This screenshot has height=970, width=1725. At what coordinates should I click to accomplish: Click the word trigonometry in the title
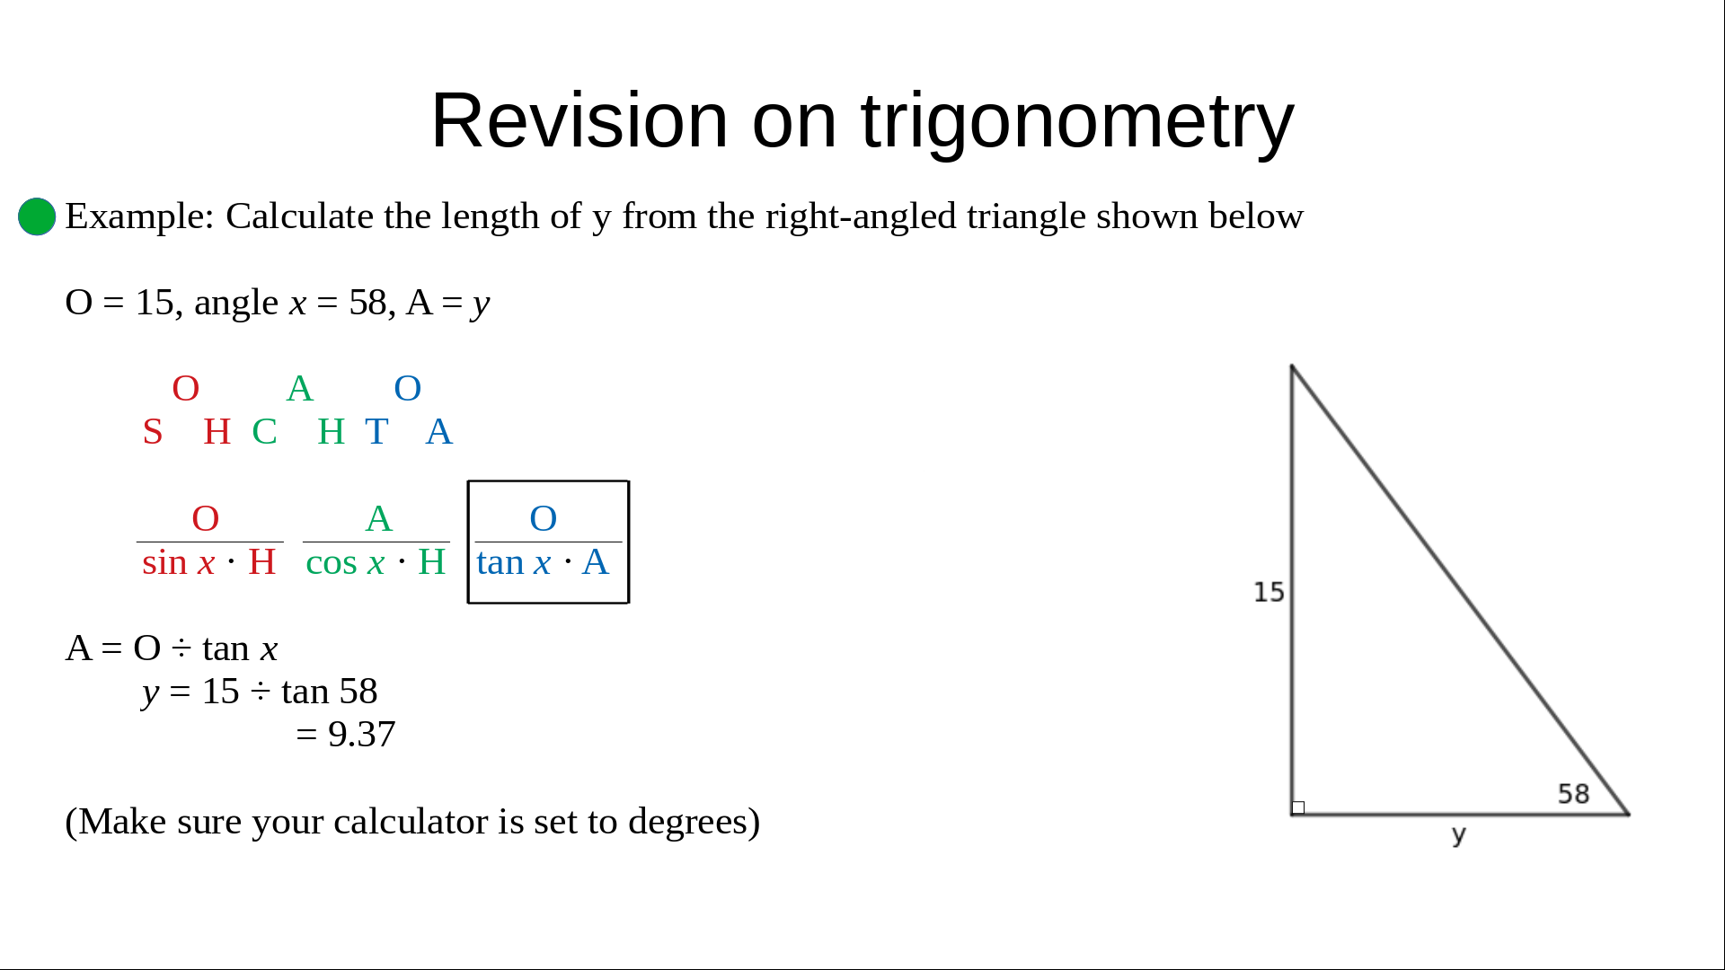1077,121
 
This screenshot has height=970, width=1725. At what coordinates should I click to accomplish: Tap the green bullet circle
37,216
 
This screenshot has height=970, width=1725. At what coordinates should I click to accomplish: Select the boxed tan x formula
548,542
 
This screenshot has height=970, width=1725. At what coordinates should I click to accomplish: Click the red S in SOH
153,432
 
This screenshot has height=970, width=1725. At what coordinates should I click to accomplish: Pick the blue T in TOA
376,432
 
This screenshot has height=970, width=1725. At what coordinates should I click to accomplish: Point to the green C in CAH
264,432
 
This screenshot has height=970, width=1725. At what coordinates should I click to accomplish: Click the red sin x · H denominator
208,562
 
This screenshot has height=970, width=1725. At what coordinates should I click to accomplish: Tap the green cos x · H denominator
376,562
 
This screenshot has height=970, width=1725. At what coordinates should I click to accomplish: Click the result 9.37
361,735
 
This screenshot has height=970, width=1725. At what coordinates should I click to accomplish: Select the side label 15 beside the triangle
1269,592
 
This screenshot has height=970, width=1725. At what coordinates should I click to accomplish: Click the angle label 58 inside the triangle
1573,794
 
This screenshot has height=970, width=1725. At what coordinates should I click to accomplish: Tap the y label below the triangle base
1459,835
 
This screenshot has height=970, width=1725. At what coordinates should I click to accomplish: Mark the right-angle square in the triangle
1298,807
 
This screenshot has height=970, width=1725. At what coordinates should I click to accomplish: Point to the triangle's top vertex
1292,366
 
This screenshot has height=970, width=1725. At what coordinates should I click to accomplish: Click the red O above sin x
206,518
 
